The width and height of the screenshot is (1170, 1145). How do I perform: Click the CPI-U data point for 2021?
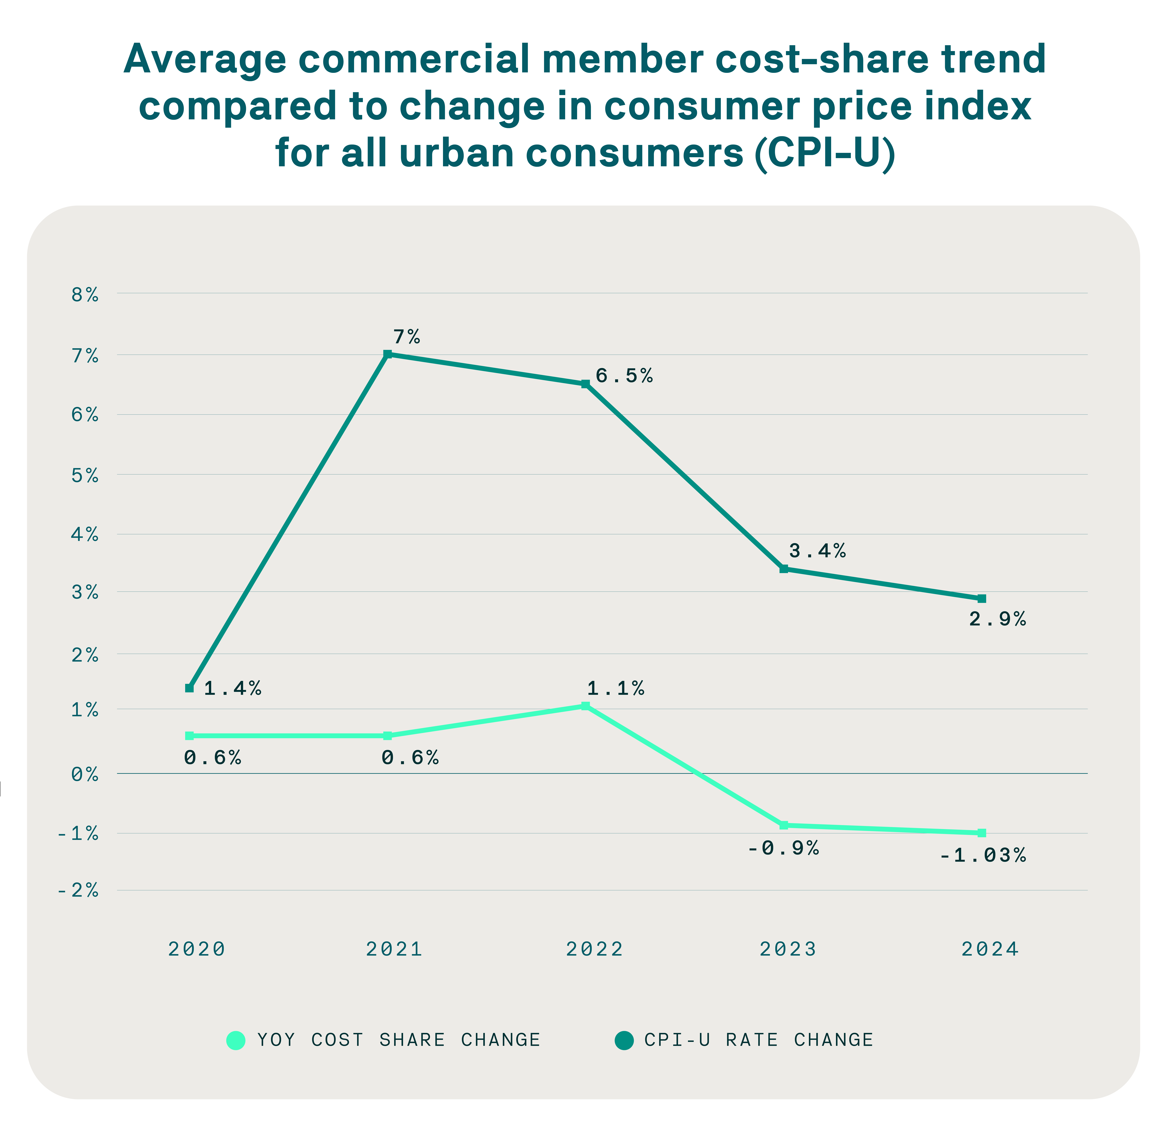pos(388,354)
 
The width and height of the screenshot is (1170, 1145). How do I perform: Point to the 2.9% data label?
pos(997,619)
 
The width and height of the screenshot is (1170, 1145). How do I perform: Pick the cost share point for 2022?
pos(585,706)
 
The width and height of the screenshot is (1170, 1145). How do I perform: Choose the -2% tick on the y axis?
pos(78,890)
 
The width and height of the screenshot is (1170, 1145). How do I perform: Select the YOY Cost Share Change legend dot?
pos(236,1040)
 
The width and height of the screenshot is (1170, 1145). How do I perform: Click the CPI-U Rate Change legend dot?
pos(624,1040)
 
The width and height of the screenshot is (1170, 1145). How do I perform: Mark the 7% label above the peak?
pos(406,337)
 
